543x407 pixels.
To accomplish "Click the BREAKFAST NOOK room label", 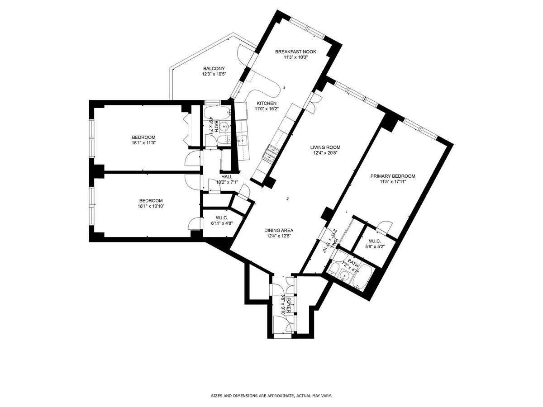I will click(x=295, y=52).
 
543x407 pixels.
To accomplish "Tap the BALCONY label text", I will click(x=214, y=69).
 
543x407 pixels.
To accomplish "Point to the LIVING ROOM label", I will click(x=325, y=147).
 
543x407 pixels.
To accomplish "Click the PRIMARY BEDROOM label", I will click(x=393, y=176).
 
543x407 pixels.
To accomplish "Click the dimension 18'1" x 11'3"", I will click(x=143, y=143).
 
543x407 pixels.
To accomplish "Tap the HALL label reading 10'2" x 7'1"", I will click(x=227, y=180).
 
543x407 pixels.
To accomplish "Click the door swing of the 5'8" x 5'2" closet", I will click(x=385, y=225).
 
